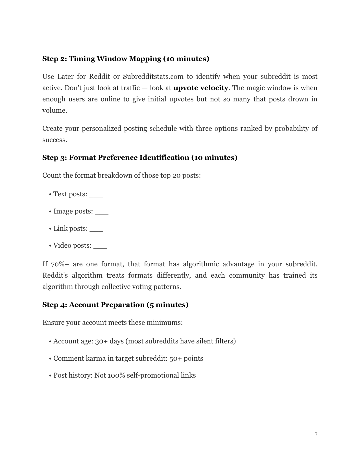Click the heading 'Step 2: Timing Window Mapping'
(x=126, y=59)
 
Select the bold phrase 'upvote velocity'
(x=200, y=88)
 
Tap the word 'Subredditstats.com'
(x=153, y=77)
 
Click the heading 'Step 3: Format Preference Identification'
(x=140, y=158)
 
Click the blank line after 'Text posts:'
(x=96, y=195)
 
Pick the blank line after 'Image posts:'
(x=102, y=212)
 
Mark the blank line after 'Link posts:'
(x=96, y=229)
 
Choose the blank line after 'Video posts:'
(x=100, y=246)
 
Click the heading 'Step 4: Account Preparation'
(x=115, y=305)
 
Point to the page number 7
(x=316, y=434)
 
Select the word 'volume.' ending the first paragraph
(x=55, y=110)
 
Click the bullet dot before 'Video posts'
(x=50, y=246)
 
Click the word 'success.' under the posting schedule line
(x=55, y=140)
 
